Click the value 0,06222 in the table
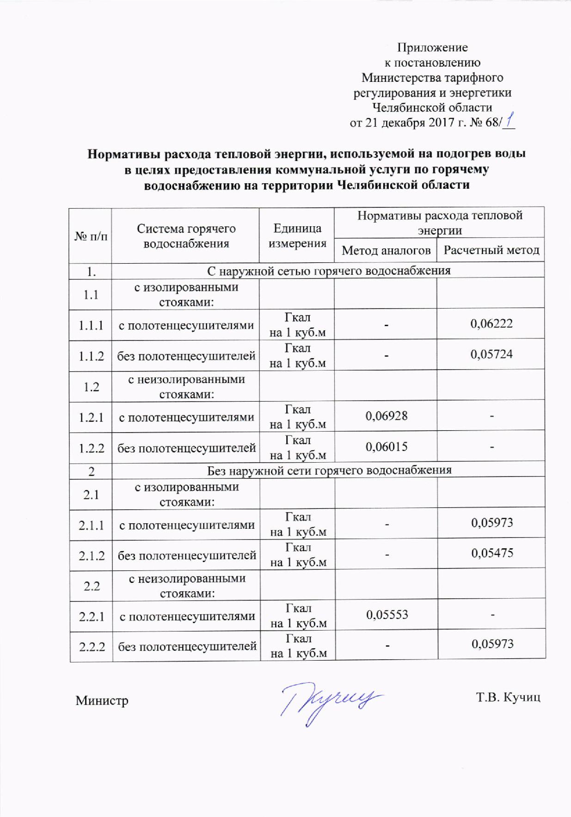point(491,324)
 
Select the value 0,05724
point(491,354)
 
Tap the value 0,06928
point(386,416)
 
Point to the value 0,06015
point(386,447)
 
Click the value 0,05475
point(492,553)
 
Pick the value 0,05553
point(387,615)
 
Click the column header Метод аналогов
point(386,250)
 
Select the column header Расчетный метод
point(491,250)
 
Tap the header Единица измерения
point(297,235)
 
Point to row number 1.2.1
point(91,417)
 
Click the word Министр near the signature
point(102,700)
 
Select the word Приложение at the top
point(433,48)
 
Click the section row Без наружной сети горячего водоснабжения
point(329,471)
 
